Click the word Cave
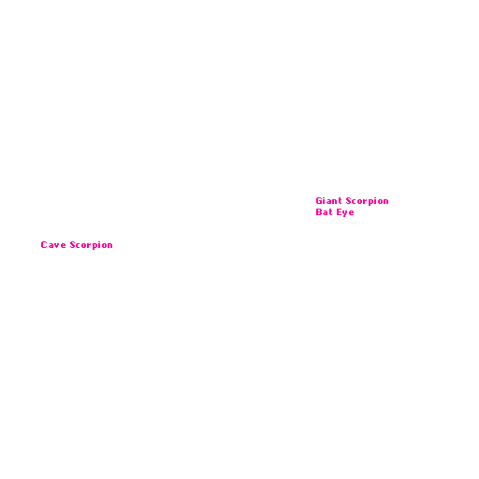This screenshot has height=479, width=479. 53,245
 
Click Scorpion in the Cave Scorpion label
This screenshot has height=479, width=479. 91,245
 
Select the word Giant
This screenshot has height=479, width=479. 328,201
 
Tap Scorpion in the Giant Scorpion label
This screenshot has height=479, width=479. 367,201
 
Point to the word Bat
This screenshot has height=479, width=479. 324,212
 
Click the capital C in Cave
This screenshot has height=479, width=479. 44,245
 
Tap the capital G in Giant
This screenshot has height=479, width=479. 319,201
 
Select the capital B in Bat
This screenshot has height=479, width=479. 319,212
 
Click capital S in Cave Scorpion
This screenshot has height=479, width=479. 73,245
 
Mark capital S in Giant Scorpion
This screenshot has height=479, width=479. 349,201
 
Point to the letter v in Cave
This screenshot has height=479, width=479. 57,246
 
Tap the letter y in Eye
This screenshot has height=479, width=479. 345,214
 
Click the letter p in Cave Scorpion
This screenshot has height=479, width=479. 94,247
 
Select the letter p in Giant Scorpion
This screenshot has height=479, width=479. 370,203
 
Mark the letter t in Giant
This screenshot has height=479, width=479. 340,201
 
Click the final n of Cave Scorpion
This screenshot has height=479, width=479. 109,246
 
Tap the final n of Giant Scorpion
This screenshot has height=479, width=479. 385,202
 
